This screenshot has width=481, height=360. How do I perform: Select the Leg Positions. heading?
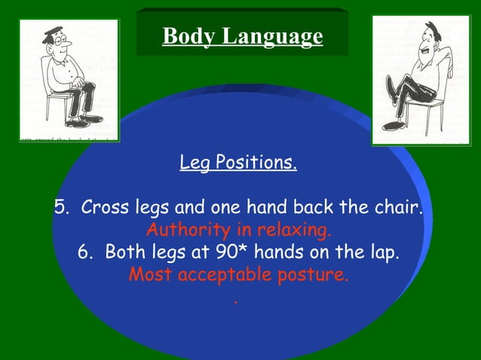(x=238, y=162)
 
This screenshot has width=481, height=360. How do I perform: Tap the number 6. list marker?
(x=87, y=252)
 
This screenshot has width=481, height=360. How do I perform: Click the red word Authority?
(x=184, y=229)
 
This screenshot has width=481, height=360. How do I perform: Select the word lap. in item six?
(x=380, y=252)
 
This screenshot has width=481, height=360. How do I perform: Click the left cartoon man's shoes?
(x=82, y=120)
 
